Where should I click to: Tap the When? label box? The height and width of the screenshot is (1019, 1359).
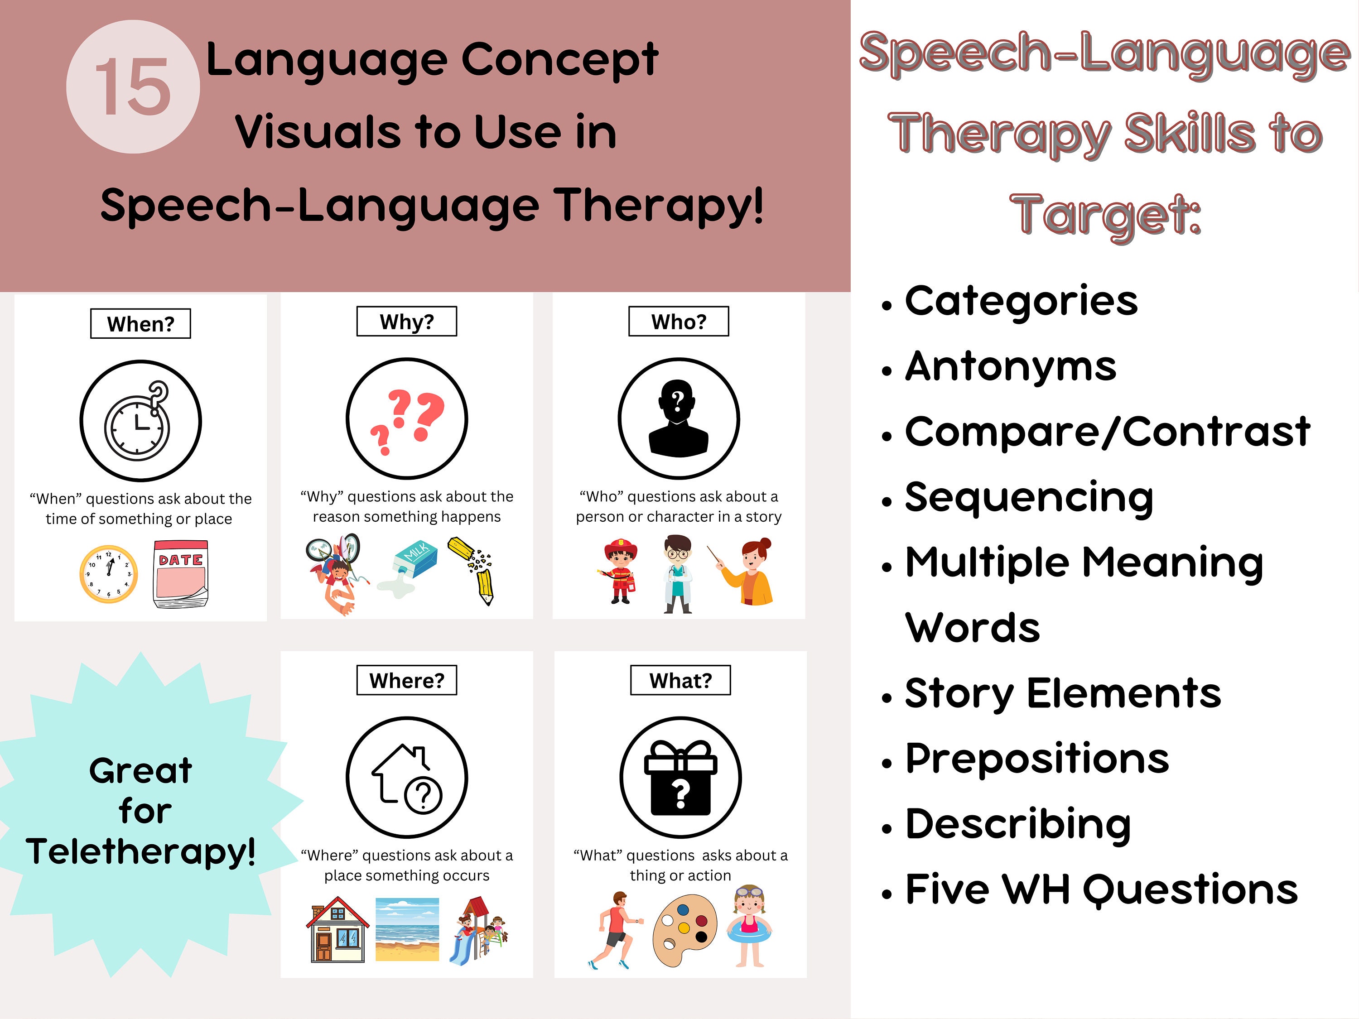pyautogui.click(x=141, y=324)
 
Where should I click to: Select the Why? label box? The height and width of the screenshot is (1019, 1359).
pyautogui.click(x=407, y=321)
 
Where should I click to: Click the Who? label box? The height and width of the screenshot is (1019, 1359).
pyautogui.click(x=678, y=321)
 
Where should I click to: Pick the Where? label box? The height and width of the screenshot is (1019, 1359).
pyautogui.click(x=407, y=680)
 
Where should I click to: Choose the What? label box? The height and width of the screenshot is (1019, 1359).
pyautogui.click(x=680, y=680)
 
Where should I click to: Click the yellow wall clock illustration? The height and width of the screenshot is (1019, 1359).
pyautogui.click(x=109, y=574)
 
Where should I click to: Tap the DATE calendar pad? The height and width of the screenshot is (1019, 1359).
pyautogui.click(x=181, y=574)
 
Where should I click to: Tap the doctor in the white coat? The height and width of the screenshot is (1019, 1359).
pyautogui.click(x=678, y=573)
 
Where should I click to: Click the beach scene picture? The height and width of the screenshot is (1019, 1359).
pyautogui.click(x=407, y=929)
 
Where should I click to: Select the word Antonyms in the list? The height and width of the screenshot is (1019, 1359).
pyautogui.click(x=1010, y=367)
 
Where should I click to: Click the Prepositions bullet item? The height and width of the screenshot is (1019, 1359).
pyautogui.click(x=1036, y=759)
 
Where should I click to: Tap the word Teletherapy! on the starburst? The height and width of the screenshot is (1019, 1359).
pyautogui.click(x=141, y=851)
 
